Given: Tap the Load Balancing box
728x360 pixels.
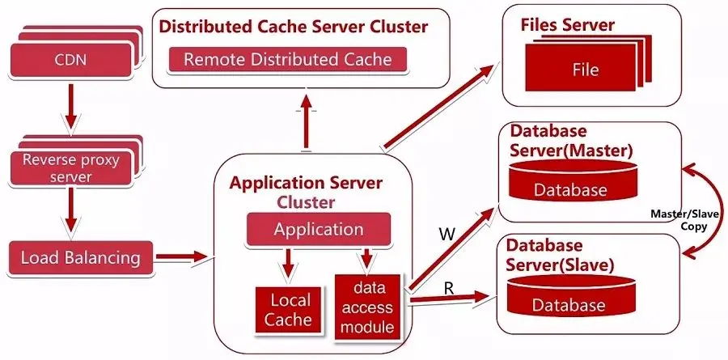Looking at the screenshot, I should tap(80, 259).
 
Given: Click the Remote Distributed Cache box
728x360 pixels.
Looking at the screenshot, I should tap(287, 59).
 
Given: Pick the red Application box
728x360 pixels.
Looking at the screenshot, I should tap(318, 229).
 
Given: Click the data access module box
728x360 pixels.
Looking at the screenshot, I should tap(366, 307).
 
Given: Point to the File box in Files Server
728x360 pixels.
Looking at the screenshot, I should tap(584, 70).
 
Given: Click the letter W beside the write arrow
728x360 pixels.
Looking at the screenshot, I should tap(446, 234).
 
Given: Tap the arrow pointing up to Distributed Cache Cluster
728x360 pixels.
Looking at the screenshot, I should tap(307, 121).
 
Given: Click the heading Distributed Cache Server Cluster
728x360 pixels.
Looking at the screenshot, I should tap(293, 26).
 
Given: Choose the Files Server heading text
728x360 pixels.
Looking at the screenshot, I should tap(567, 24).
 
